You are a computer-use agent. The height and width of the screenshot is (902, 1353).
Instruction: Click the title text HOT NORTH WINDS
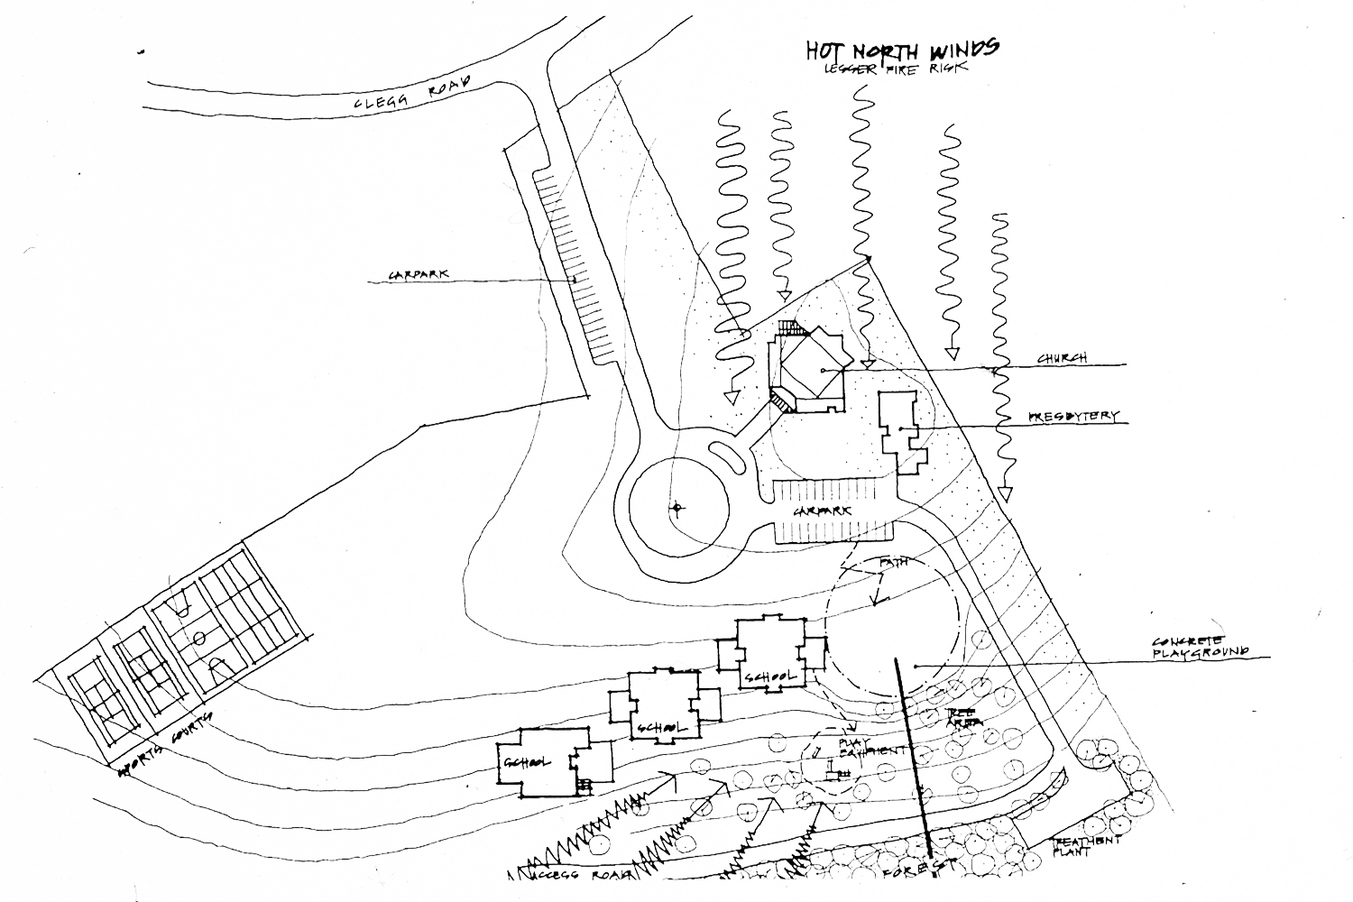pos(901,50)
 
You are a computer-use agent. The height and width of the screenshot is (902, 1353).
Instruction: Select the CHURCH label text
pos(1062,358)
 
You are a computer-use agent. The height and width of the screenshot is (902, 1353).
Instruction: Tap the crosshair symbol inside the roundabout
pos(676,508)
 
